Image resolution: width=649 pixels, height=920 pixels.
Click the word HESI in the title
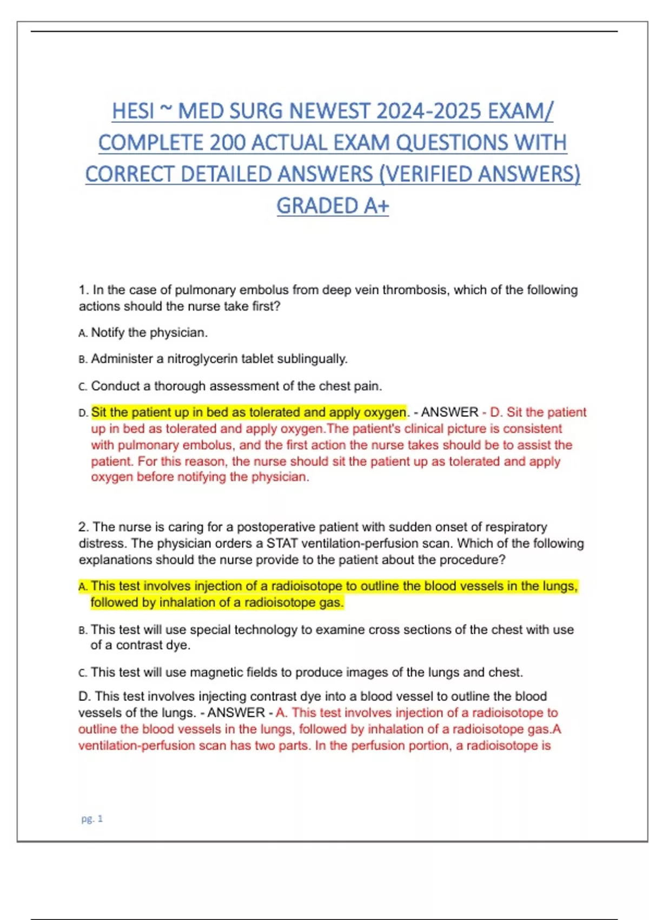pos(133,111)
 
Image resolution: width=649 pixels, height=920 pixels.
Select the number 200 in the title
pos(227,143)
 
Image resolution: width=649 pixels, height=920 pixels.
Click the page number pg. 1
pos(92,819)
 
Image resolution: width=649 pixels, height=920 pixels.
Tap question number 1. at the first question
pos(84,290)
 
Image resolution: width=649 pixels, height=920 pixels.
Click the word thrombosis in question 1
pos(415,290)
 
